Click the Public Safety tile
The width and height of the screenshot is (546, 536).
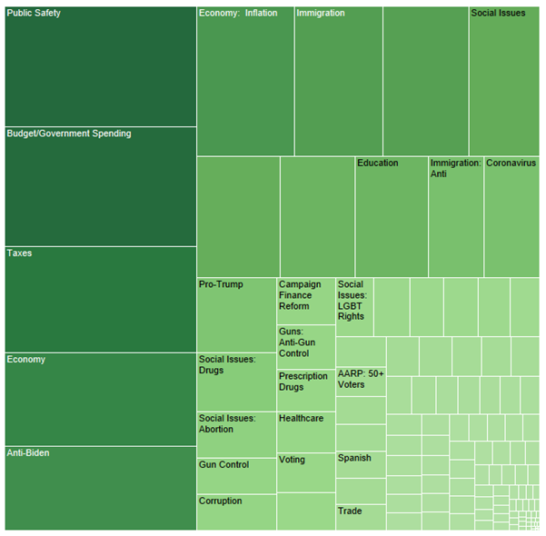pos(100,65)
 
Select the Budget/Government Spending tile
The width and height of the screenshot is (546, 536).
pos(100,186)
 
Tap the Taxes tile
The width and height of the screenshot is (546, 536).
pos(100,299)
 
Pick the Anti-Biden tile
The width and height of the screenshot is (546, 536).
pos(100,488)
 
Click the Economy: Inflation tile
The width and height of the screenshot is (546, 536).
pos(245,81)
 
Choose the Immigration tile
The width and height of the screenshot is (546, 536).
pos(338,81)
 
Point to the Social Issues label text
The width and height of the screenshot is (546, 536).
pos(498,14)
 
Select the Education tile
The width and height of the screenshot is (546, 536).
pos(392,217)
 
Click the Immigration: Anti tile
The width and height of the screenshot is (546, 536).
pos(456,217)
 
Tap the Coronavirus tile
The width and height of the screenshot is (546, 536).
pos(511,217)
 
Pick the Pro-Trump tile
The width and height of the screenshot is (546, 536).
pos(237,314)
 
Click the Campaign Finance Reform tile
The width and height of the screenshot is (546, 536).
pos(306,301)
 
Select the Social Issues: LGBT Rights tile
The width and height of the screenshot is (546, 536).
pos(354,307)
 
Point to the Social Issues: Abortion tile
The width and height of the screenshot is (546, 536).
pos(237,434)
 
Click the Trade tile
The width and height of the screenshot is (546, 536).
pos(361,517)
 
